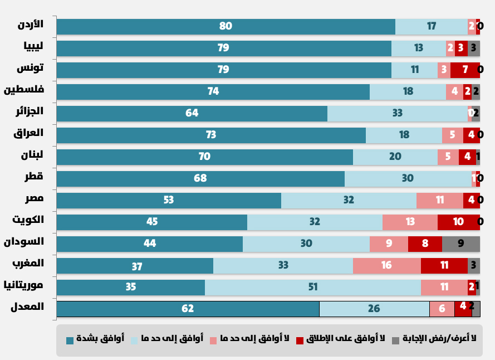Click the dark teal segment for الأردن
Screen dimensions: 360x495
[226, 27]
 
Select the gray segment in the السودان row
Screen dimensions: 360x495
[460, 244]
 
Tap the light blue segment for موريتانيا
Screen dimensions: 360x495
[312, 288]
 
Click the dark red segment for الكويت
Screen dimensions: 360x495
[458, 222]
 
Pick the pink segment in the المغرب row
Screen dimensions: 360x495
[386, 266]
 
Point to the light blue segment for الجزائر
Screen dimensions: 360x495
[397, 114]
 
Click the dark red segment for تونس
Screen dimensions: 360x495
[465, 70]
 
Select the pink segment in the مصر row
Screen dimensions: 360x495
[439, 201]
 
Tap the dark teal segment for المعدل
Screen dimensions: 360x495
[188, 309]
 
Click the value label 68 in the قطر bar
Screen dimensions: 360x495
[200, 179]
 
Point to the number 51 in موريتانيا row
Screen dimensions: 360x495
[312, 288]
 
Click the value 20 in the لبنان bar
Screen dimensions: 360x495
[395, 157]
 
